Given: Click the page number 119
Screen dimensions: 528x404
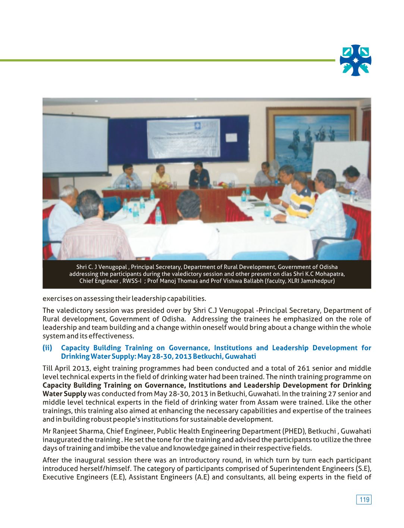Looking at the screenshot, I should [364, 500].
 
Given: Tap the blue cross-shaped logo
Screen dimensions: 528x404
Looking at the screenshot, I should [356, 60].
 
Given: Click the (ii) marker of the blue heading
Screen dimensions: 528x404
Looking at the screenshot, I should [47, 348].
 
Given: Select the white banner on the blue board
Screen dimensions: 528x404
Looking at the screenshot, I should [183, 138].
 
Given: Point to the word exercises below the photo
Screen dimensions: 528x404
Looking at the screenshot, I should [57, 298].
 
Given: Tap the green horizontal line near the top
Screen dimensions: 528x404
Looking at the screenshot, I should [168, 60].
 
